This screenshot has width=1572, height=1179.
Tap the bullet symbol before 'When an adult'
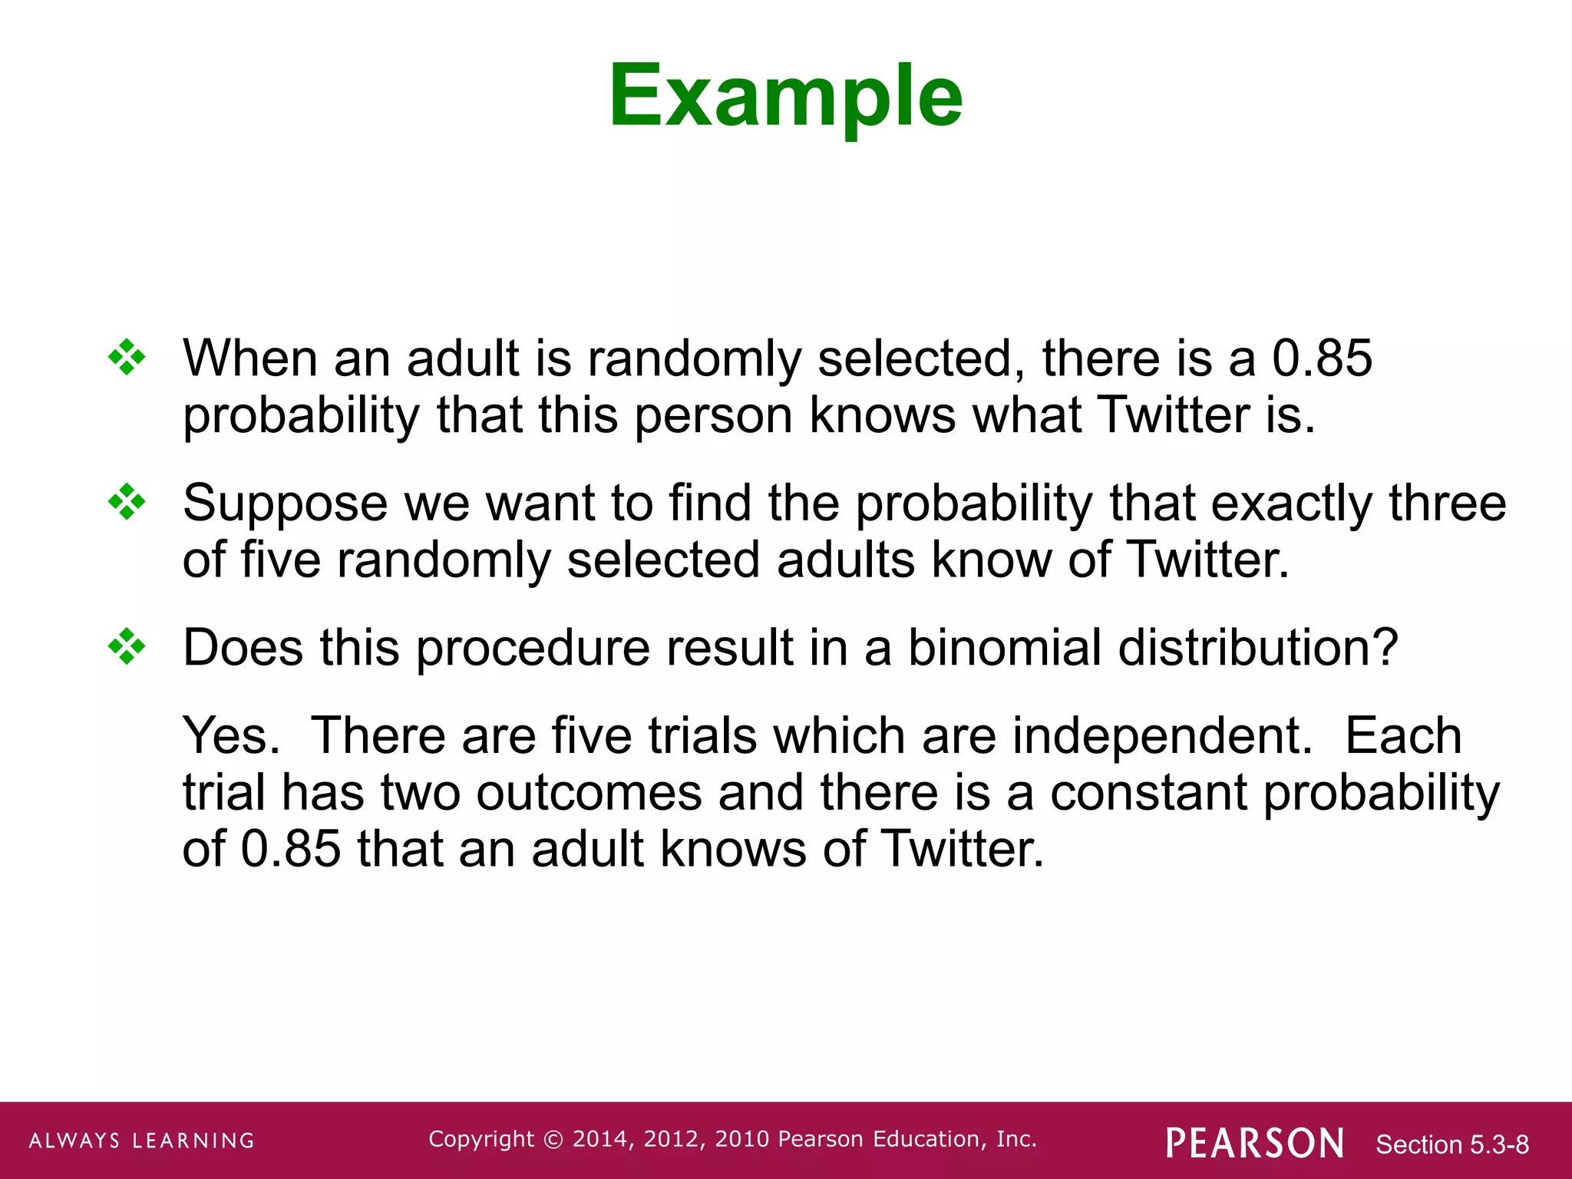coord(127,358)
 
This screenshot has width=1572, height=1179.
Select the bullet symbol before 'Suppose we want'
coord(127,503)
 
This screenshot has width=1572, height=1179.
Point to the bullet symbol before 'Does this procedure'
coord(127,647)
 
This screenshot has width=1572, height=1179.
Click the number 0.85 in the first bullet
coord(1322,358)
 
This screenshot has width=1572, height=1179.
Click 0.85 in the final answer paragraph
coord(291,849)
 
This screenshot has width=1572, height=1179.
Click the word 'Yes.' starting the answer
coord(231,735)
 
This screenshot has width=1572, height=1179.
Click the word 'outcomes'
coord(589,792)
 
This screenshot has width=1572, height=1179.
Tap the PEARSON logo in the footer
coord(1254,1143)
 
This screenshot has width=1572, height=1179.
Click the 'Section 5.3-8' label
coord(1452,1144)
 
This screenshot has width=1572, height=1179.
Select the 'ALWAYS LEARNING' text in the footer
coord(142,1141)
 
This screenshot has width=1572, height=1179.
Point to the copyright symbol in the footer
coord(553,1140)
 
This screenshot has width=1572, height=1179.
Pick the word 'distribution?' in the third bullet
coord(1258,648)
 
